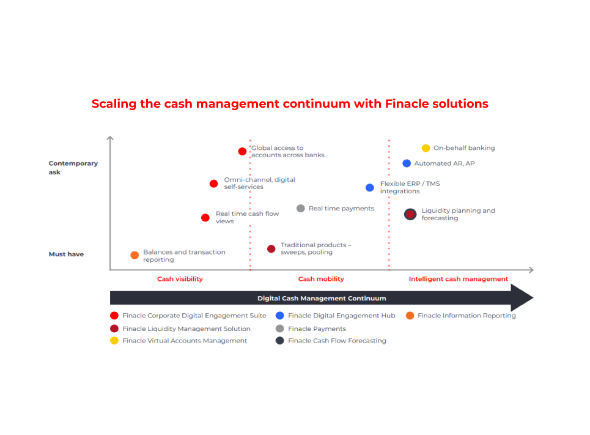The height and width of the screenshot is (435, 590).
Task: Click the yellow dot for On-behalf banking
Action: (x=426, y=148)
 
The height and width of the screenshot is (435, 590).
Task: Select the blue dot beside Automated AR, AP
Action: (x=407, y=163)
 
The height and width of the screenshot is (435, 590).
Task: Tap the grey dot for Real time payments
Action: (x=301, y=208)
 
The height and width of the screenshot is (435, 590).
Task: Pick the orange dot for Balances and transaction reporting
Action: (x=135, y=255)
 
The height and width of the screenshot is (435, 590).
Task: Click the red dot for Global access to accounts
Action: (x=242, y=151)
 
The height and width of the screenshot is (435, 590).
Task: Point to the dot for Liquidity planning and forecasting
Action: (x=410, y=214)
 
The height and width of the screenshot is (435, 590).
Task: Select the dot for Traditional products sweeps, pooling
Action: (x=271, y=248)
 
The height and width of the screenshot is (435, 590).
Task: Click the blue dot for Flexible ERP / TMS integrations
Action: (x=370, y=188)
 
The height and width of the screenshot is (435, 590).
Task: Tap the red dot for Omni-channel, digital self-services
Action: (x=214, y=184)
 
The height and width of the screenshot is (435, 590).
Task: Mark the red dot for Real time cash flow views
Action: (x=205, y=218)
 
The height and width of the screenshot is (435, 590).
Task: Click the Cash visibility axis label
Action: (x=180, y=279)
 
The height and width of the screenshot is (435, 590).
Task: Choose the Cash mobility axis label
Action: (x=321, y=279)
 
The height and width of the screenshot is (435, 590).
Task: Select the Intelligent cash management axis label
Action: (x=459, y=279)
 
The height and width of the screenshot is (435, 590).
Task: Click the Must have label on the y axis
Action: (x=66, y=255)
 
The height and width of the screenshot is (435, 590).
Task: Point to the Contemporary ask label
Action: (x=73, y=168)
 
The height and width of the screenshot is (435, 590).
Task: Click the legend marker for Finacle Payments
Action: (x=279, y=329)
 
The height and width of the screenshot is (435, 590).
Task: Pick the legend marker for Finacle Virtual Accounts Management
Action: (x=114, y=340)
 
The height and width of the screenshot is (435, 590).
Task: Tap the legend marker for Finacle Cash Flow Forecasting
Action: (x=279, y=340)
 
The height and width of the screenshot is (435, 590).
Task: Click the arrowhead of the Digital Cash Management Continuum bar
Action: (x=520, y=298)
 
